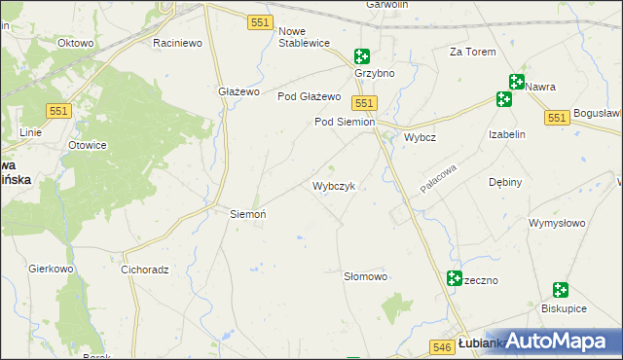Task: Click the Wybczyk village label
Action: tap(339, 185)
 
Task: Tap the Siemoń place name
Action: tap(247, 213)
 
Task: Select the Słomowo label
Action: tap(366, 276)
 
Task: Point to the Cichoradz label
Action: tap(145, 269)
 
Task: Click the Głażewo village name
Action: tap(238, 91)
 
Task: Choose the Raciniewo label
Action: tap(177, 43)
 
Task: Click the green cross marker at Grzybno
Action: tap(362, 57)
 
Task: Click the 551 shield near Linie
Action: tap(58, 112)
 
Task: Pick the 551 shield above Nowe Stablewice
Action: tap(259, 21)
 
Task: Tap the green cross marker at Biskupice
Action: tap(560, 290)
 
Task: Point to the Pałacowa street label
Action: tap(438, 178)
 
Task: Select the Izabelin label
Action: tap(507, 134)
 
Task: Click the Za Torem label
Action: tap(471, 52)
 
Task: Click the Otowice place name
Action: tap(87, 145)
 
